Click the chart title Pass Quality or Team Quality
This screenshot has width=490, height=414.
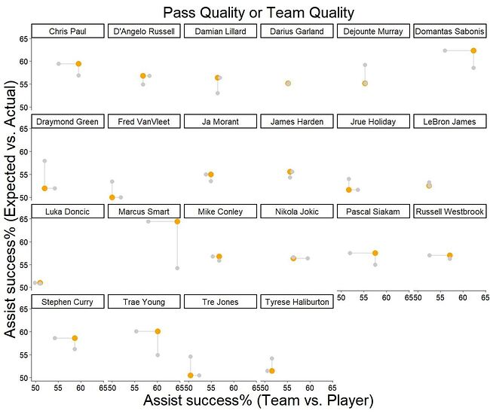point(259,13)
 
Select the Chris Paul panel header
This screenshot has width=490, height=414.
point(68,31)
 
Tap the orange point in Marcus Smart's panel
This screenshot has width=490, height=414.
point(177,221)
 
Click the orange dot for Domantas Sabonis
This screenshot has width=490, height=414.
point(473,50)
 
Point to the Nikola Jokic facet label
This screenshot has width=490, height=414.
point(297,212)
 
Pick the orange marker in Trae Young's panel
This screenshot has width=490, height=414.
point(158,331)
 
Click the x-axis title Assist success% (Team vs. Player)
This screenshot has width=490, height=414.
point(259,400)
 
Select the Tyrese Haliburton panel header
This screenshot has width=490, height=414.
point(297,302)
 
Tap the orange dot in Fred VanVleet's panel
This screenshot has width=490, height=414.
point(112,197)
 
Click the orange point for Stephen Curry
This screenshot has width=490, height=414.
point(75,338)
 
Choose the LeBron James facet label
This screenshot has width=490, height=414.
point(450,121)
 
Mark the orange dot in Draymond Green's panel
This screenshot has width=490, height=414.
point(44,188)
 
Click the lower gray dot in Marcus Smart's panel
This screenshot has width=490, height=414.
point(177,268)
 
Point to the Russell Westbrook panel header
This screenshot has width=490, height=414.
point(450,212)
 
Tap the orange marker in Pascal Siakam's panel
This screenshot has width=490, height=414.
point(375,253)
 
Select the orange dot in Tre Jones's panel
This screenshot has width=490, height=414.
point(190,376)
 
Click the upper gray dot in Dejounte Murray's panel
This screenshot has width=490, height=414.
point(365,65)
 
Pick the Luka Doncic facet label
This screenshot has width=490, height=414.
point(68,212)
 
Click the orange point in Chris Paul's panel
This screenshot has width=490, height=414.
point(78,64)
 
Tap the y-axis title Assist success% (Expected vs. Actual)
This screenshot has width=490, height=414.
point(10,209)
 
